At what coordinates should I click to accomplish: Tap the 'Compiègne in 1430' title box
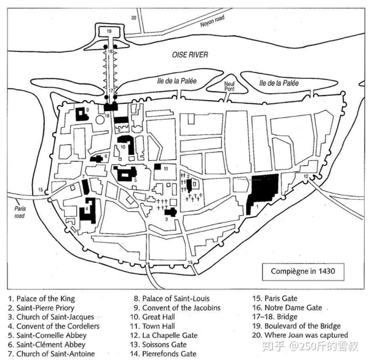tap(303, 271)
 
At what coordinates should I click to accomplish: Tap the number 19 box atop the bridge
tap(109, 31)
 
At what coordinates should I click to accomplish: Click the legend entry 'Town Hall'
tap(159, 326)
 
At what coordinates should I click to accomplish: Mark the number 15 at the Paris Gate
tap(41, 190)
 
